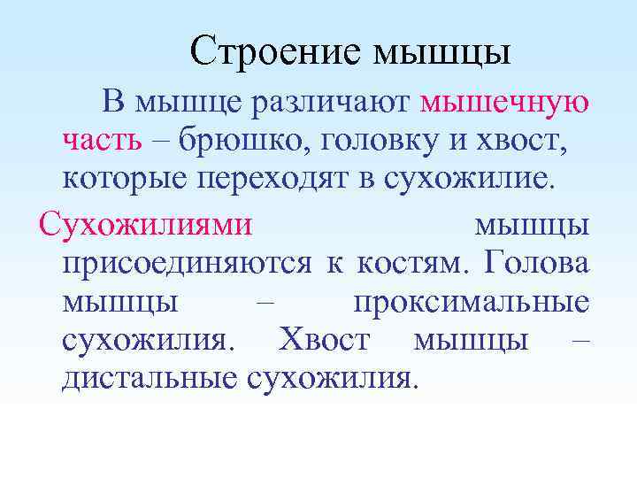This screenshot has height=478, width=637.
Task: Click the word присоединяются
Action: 187,263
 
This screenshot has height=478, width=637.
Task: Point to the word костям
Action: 407,263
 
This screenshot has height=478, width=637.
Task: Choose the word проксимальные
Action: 471,302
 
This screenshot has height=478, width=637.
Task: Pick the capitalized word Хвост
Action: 319,339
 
